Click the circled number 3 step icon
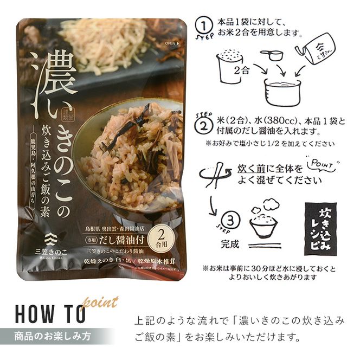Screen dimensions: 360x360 pyautogui.click(x=229, y=220)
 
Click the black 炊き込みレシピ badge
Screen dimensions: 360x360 pyautogui.click(x=320, y=227)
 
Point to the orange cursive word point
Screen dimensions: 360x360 pyautogui.click(x=101, y=302)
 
